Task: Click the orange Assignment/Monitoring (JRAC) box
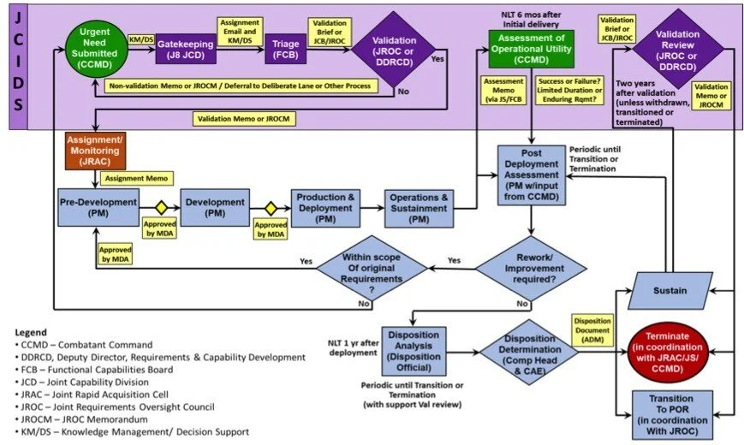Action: [x=95, y=151]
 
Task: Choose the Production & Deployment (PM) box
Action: [x=325, y=208]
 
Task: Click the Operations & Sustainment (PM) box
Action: [x=419, y=208]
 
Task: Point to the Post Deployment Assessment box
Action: [x=532, y=175]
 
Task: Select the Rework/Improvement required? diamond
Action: [x=532, y=270]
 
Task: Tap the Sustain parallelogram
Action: [x=670, y=290]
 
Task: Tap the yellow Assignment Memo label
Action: [x=136, y=179]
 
